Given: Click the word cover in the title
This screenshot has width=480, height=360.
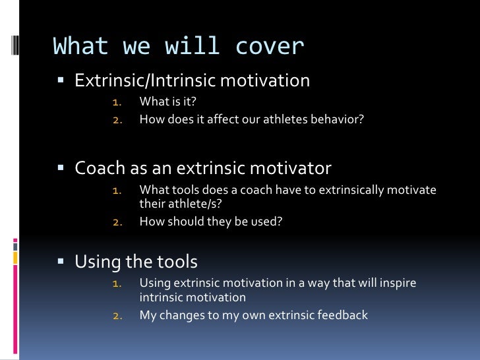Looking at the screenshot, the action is point(270,47).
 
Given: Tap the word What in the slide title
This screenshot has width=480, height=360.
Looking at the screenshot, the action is point(80,45).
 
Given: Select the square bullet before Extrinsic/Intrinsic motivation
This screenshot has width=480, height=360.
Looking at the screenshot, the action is point(61,80).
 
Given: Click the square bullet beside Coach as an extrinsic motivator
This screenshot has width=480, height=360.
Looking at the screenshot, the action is point(61,167).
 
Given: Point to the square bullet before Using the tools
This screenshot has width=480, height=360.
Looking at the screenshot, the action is point(61,261).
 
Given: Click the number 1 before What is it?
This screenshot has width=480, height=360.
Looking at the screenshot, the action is point(117,102).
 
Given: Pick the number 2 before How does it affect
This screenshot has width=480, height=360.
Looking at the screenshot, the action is point(117,120).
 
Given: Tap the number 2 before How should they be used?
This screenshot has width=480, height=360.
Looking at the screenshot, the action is point(117,222).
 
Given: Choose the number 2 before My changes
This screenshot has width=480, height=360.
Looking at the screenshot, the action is point(117,316).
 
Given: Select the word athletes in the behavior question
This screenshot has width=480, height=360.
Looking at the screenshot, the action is point(285,119).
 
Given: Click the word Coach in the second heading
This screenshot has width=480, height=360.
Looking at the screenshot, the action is point(100,167).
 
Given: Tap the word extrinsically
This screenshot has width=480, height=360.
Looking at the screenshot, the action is point(351,191).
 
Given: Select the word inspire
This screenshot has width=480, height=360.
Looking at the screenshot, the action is point(398,284).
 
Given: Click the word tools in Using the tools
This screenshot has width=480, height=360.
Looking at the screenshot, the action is point(177,262).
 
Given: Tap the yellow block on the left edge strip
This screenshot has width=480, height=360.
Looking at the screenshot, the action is point(15,258).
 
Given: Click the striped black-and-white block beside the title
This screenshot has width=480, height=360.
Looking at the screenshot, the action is point(15,45).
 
